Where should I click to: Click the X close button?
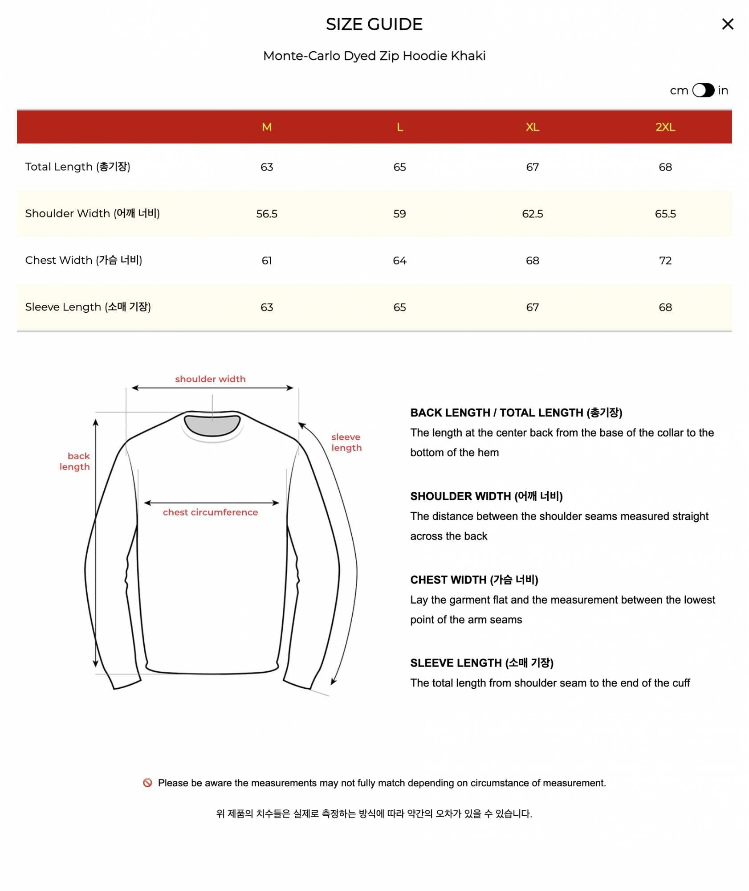pos(727,24)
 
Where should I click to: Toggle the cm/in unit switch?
pos(703,90)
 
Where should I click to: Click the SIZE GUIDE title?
pos(374,25)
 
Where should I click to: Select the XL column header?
pos(532,127)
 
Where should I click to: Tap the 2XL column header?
pos(665,127)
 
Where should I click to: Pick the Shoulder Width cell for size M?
pos(267,214)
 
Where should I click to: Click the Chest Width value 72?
pos(665,261)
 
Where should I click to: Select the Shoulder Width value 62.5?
pos(532,214)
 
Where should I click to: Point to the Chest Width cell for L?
pos(399,261)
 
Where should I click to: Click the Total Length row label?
pos(77,167)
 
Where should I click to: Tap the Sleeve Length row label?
pos(88,307)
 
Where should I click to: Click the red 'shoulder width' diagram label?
pos(210,379)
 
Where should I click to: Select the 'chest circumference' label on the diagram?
pos(210,512)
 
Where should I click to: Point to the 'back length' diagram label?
pos(75,462)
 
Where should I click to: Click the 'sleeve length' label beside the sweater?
pos(346,442)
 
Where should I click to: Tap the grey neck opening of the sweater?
pos(212,425)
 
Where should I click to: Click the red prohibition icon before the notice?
pos(147,783)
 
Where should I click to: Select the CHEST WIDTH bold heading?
pos(474,580)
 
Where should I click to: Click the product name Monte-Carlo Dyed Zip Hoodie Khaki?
pos(374,56)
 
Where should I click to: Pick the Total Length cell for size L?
pos(399,167)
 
